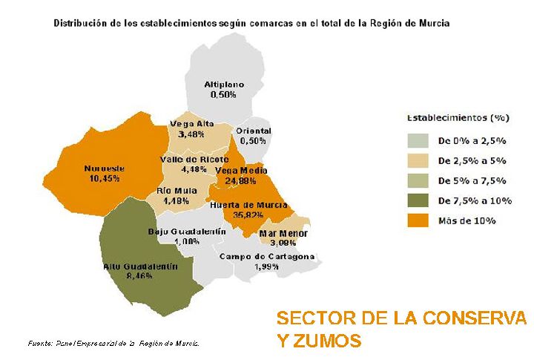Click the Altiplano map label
[x=223, y=85]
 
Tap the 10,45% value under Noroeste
[x=104, y=178]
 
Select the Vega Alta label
[x=191, y=123]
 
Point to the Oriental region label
[x=253, y=131]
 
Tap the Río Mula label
[x=176, y=191]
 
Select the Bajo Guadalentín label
[x=187, y=232]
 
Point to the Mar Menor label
[x=283, y=234]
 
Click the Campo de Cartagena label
[x=267, y=257]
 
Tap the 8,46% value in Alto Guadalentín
[x=139, y=276]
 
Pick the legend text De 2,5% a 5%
[x=472, y=160]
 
